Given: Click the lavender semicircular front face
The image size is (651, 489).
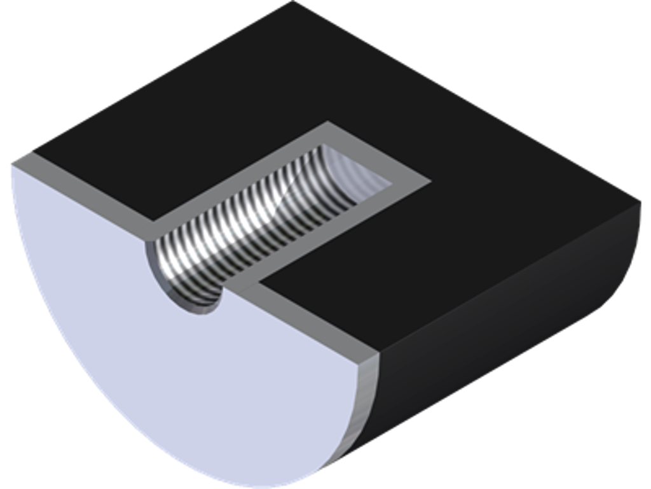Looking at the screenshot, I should click(x=159, y=357).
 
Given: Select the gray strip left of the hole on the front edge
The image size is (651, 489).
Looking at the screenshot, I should click(x=83, y=188).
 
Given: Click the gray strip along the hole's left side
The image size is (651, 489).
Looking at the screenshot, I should click(x=242, y=172).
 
